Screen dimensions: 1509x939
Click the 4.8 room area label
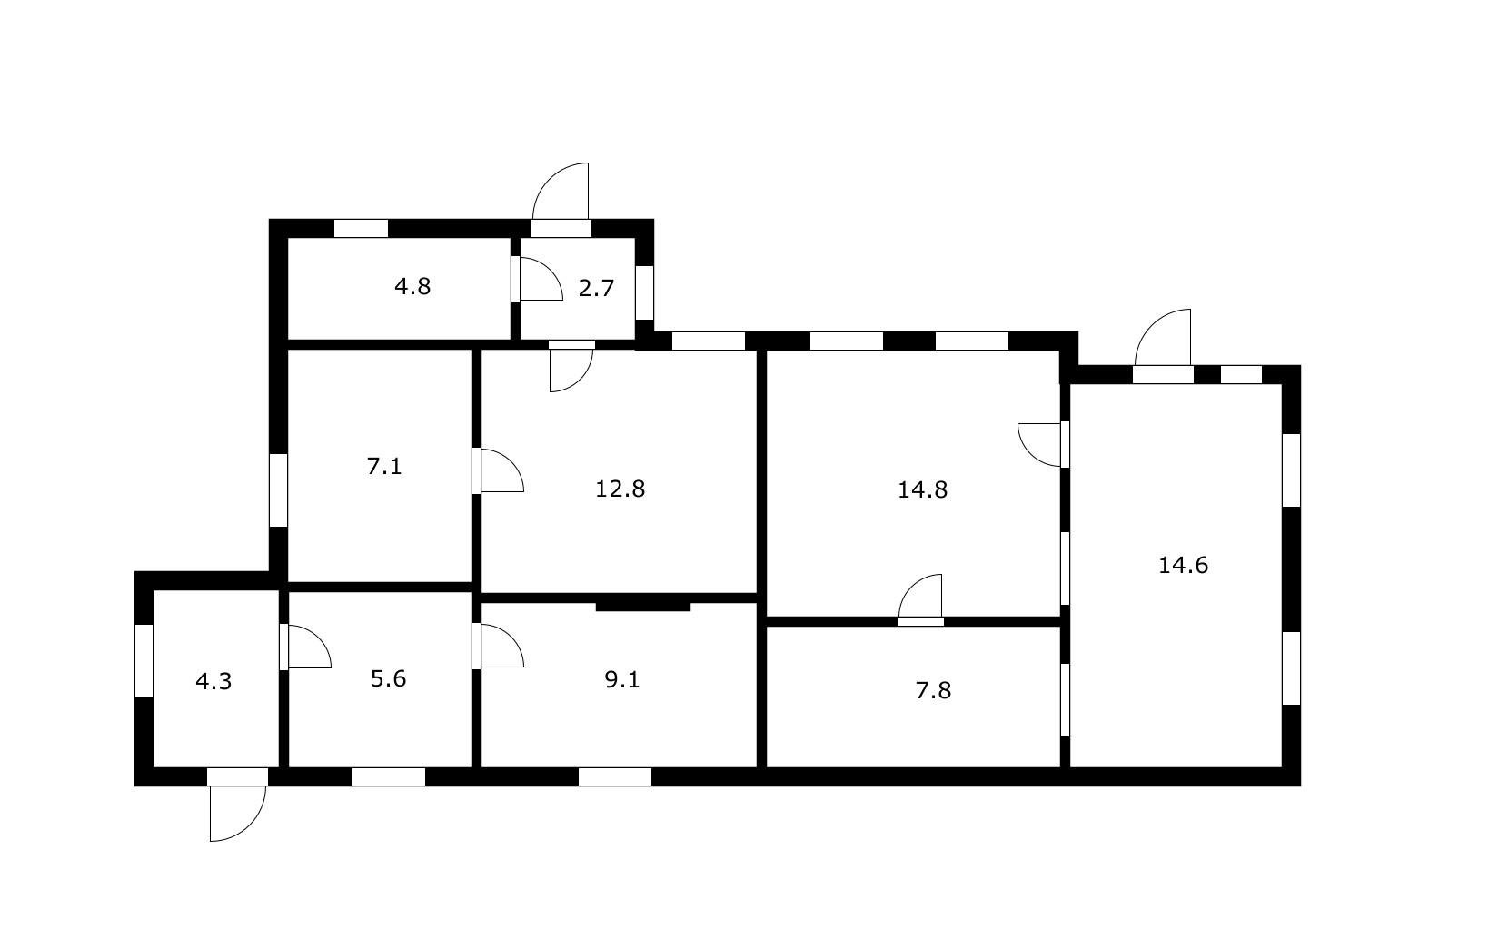[412, 287]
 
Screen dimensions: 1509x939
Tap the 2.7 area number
[596, 288]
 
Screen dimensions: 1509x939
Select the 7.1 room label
[384, 466]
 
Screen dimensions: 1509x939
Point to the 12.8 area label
[620, 489]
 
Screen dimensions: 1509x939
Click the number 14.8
[922, 489]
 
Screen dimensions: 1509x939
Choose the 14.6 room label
[1183, 565]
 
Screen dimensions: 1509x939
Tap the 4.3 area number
[213, 682]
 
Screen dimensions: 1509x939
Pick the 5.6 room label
[388, 679]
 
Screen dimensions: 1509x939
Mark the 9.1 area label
[621, 679]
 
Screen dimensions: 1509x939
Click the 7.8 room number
[933, 690]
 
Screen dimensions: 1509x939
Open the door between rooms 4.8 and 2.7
[537, 279]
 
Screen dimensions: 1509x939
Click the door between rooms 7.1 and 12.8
[498, 470]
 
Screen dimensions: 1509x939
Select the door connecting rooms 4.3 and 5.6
[305, 647]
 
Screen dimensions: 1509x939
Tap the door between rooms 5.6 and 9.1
[498, 646]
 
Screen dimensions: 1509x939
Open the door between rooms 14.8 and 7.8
[920, 600]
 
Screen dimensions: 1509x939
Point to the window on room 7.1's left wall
[278, 490]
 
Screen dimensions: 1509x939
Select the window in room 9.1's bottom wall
[615, 777]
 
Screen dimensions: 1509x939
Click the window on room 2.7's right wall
[645, 293]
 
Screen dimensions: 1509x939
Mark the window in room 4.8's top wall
[361, 228]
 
